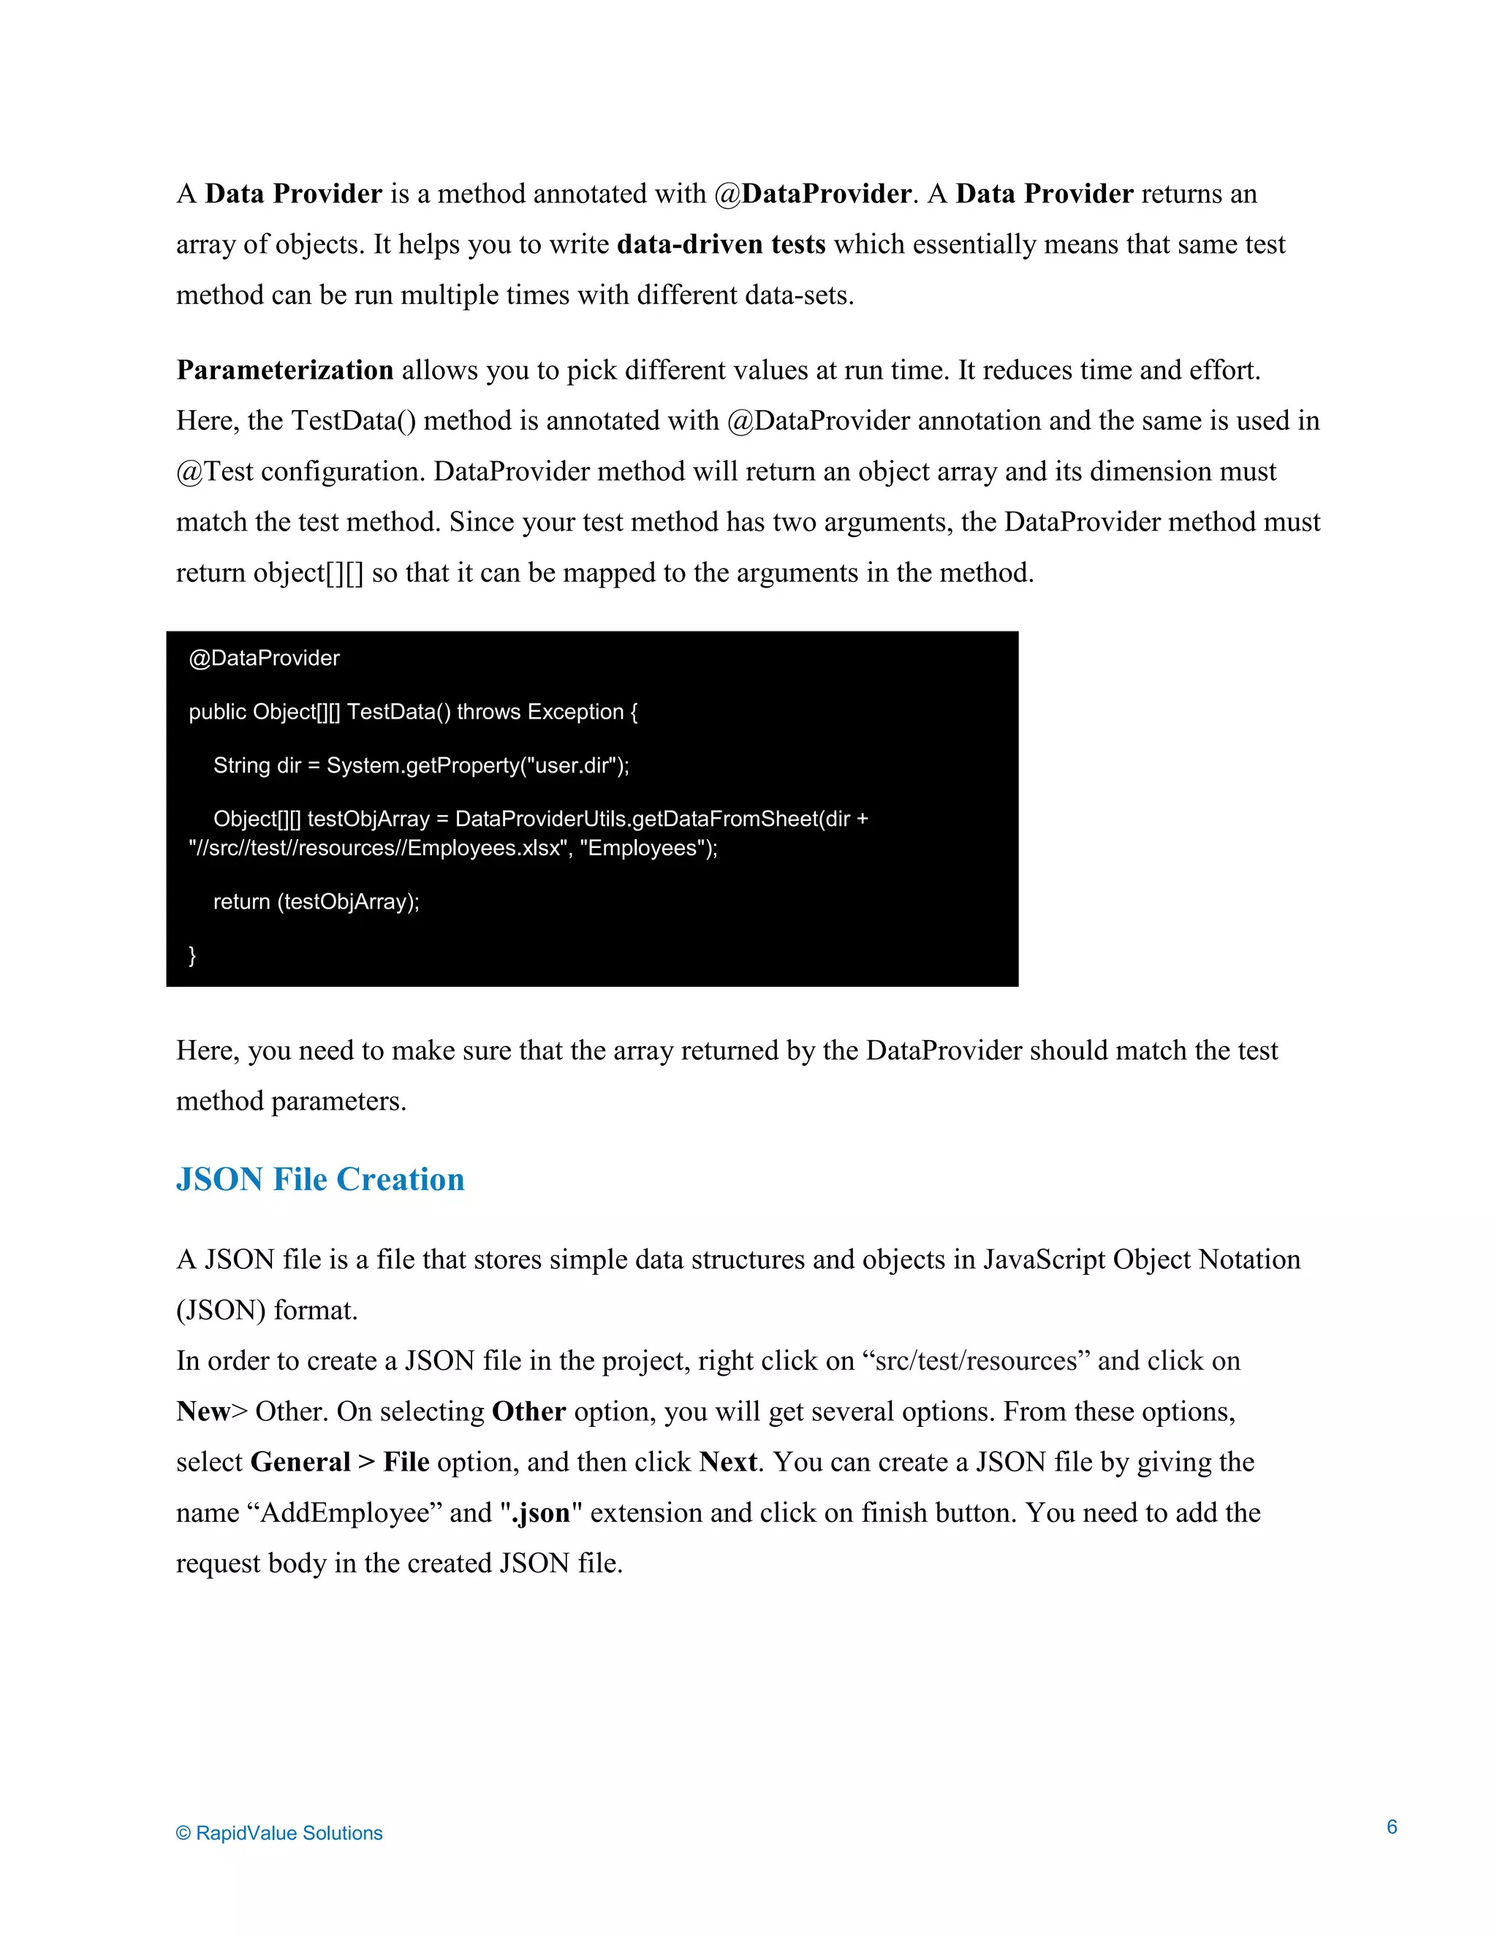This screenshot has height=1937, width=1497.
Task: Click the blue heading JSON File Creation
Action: [320, 1180]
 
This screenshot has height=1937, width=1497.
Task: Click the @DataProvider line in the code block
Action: [265, 658]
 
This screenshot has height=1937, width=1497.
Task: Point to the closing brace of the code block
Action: [192, 955]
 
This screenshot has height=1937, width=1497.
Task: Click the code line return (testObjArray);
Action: [316, 902]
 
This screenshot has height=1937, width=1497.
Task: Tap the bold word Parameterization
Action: [284, 370]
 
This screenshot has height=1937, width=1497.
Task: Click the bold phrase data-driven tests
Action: [721, 244]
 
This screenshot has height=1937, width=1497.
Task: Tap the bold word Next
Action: [727, 1462]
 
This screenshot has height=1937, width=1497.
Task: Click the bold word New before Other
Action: [203, 1411]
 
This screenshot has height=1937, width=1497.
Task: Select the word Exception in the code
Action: [575, 712]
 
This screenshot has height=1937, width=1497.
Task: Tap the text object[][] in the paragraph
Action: [308, 573]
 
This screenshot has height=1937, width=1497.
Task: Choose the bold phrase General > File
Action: [340, 1462]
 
